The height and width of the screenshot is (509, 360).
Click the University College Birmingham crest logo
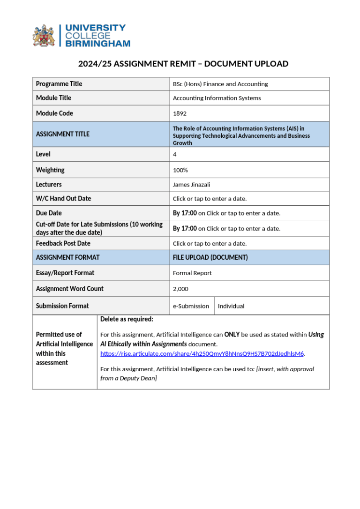coord(43,36)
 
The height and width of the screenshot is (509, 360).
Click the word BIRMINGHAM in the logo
coord(98,44)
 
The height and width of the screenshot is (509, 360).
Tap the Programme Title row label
coord(59,84)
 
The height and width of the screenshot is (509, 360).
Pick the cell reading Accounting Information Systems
coord(217,98)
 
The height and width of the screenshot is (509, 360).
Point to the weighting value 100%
coord(180,170)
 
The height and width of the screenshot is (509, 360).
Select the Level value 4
coord(175,154)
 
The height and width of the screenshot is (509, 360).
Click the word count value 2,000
coord(180,289)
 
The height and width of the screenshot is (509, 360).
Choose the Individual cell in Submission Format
coord(231,306)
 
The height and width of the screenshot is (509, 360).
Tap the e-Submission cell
coord(191,306)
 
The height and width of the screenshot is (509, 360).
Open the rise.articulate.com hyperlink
coord(202,353)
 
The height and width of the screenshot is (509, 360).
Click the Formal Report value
coord(192,273)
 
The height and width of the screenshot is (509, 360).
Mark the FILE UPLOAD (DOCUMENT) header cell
coord(210,257)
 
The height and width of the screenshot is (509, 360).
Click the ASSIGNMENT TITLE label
coord(63,134)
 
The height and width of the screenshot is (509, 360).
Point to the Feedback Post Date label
coord(63,243)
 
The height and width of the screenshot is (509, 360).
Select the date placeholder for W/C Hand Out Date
coord(210,199)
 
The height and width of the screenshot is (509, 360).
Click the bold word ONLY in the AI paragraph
coord(232,335)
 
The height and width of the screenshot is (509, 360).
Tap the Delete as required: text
coord(127,319)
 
